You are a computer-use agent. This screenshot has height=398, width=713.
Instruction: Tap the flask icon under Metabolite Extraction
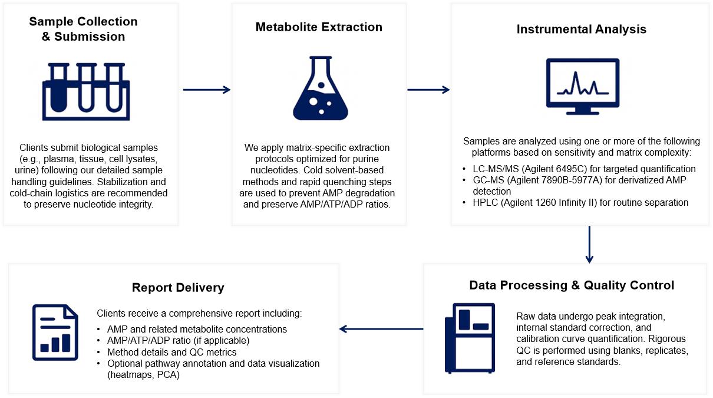[320, 88]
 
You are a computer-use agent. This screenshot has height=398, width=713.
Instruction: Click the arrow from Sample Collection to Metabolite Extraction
[206, 90]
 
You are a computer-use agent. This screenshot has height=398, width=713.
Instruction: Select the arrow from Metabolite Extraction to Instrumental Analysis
[428, 90]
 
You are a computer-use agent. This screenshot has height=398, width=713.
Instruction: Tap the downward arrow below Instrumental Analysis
[589, 244]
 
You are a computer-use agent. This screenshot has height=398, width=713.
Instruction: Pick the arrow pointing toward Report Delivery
[381, 329]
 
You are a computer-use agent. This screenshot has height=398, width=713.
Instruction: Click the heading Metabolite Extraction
[319, 27]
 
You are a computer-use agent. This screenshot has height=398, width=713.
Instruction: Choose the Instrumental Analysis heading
[581, 29]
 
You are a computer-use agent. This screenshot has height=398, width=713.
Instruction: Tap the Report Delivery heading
[178, 288]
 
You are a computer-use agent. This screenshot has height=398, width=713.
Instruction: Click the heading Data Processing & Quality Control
[572, 285]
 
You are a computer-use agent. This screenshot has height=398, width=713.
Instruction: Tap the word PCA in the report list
[167, 374]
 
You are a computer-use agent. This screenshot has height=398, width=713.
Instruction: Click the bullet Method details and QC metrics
[171, 352]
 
